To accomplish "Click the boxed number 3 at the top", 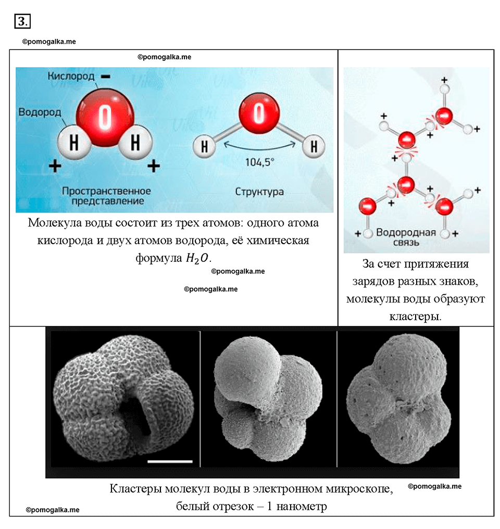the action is point(22,21).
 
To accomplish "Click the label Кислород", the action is point(71,76).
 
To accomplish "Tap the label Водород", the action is point(40,112).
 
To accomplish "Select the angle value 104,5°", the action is point(259,162).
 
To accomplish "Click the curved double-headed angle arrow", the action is point(259,148).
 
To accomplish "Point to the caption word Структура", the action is point(259,192).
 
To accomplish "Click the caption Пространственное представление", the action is point(106,196).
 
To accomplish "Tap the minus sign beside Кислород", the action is point(106,77).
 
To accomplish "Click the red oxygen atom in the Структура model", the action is point(259,112).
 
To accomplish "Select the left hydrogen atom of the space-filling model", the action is point(74,142).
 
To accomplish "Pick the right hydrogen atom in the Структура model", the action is point(314,146).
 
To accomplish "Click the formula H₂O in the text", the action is point(198,258).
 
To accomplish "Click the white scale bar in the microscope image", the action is point(170,461).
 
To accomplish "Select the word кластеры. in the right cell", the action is point(415,317).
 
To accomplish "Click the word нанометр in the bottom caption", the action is point(302,506).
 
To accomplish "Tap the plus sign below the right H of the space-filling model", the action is point(154,166).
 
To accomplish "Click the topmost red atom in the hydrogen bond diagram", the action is point(444,116).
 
